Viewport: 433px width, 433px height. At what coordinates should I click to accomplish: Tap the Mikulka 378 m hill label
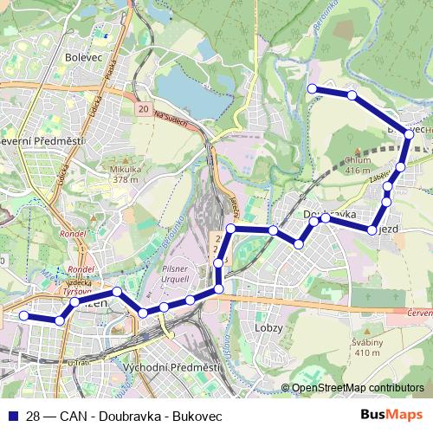125,175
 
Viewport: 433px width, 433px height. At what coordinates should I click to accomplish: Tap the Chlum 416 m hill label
358,165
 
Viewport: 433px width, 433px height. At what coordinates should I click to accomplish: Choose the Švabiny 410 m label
367,347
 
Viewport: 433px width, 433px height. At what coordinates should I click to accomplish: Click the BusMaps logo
392,415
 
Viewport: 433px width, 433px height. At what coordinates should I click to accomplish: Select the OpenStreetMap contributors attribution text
357,387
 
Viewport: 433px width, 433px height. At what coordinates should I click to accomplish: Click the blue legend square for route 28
12,416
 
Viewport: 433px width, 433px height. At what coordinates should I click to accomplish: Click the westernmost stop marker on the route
24,316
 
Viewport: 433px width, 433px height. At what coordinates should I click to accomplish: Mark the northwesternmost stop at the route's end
312,88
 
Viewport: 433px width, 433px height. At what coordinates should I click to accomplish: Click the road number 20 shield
143,110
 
